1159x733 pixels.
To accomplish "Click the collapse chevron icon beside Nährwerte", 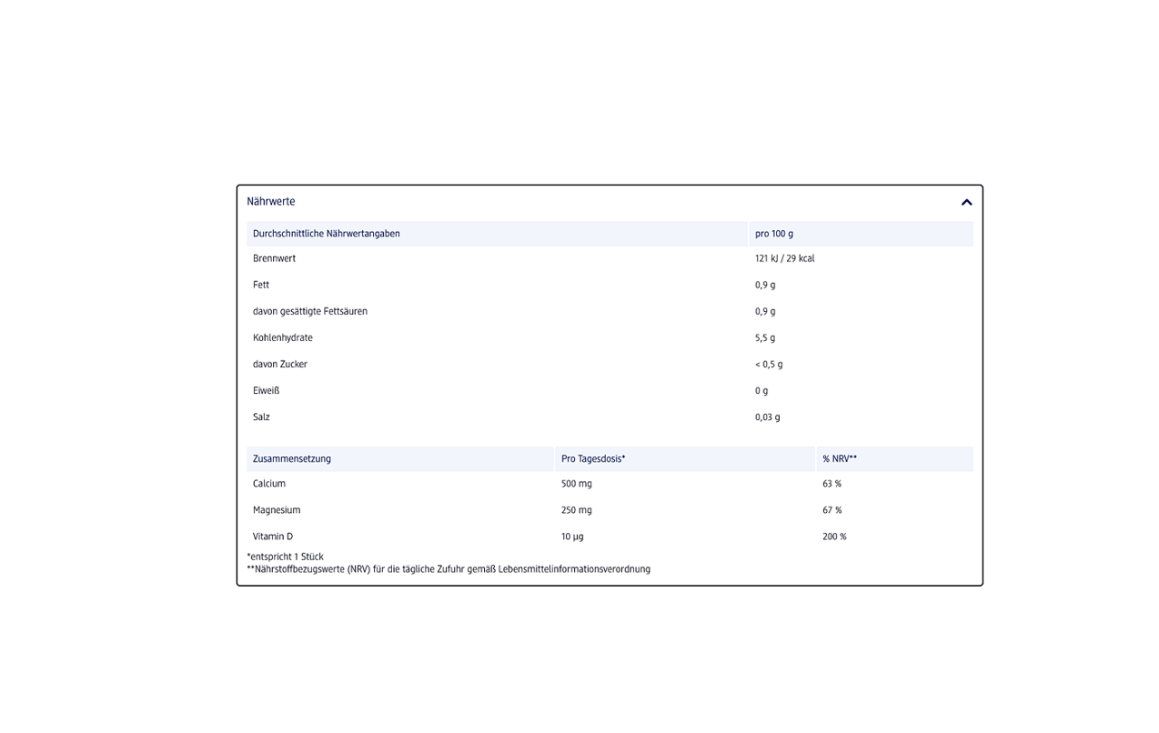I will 966,202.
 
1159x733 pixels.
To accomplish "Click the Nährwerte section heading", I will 271,202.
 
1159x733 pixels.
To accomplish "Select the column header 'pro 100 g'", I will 774,234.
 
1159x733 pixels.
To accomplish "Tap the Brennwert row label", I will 274,258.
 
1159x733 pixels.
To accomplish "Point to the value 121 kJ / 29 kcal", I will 784,258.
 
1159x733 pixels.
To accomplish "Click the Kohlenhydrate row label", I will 283,337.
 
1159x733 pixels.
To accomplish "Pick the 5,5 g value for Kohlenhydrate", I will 765,337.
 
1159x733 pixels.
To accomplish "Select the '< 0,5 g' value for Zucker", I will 769,364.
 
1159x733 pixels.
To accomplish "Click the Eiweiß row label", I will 267,390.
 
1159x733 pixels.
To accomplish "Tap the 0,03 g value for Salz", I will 768,417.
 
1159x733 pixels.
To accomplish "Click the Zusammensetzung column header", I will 292,459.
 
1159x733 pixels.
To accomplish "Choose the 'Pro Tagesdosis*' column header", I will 593,459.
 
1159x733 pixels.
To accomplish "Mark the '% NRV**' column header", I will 840,459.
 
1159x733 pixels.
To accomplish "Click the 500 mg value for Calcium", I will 577,484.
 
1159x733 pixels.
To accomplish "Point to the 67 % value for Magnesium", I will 832,510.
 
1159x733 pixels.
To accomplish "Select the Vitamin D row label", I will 273,537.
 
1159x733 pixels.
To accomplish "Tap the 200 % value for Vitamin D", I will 834,537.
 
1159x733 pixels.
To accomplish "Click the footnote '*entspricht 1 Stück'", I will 286,557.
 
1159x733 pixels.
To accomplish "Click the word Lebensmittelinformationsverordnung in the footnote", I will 575,569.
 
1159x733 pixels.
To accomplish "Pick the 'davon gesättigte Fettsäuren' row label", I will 310,311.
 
